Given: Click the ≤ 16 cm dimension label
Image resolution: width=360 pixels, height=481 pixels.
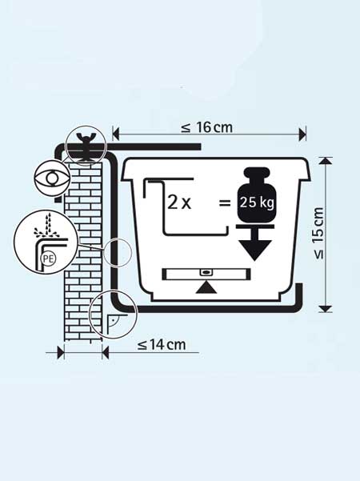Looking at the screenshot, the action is (x=206, y=127).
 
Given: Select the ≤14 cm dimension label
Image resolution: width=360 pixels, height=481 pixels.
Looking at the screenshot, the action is (x=162, y=344).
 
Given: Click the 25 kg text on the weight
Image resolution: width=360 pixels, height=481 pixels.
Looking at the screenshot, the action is (x=257, y=202).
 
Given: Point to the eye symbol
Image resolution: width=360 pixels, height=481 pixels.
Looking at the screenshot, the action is (x=51, y=178).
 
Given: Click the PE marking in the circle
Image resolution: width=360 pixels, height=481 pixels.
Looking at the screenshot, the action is (x=48, y=259).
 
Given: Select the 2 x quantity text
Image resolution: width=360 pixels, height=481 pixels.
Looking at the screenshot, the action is (x=179, y=202).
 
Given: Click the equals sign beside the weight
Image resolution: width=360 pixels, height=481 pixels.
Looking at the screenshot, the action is (x=225, y=202).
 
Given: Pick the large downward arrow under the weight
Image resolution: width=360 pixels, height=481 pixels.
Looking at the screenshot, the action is (x=255, y=244).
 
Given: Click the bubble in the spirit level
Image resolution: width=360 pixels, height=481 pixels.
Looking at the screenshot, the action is (x=206, y=272).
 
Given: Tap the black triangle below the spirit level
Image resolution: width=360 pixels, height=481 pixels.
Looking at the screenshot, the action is (x=206, y=288).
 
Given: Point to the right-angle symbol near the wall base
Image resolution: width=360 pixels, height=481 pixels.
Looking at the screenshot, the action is (x=112, y=324).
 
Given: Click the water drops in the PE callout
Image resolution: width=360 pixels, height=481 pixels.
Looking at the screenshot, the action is (x=46, y=226).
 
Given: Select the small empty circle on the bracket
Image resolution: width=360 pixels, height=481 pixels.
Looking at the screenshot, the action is (x=118, y=252).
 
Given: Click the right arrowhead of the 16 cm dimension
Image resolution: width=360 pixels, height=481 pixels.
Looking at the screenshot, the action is (x=302, y=134).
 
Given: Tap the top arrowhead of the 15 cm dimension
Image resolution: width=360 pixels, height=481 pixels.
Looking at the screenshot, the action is (x=326, y=161).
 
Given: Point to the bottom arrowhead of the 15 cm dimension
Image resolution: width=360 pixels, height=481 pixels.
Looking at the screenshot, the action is (x=326, y=309).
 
